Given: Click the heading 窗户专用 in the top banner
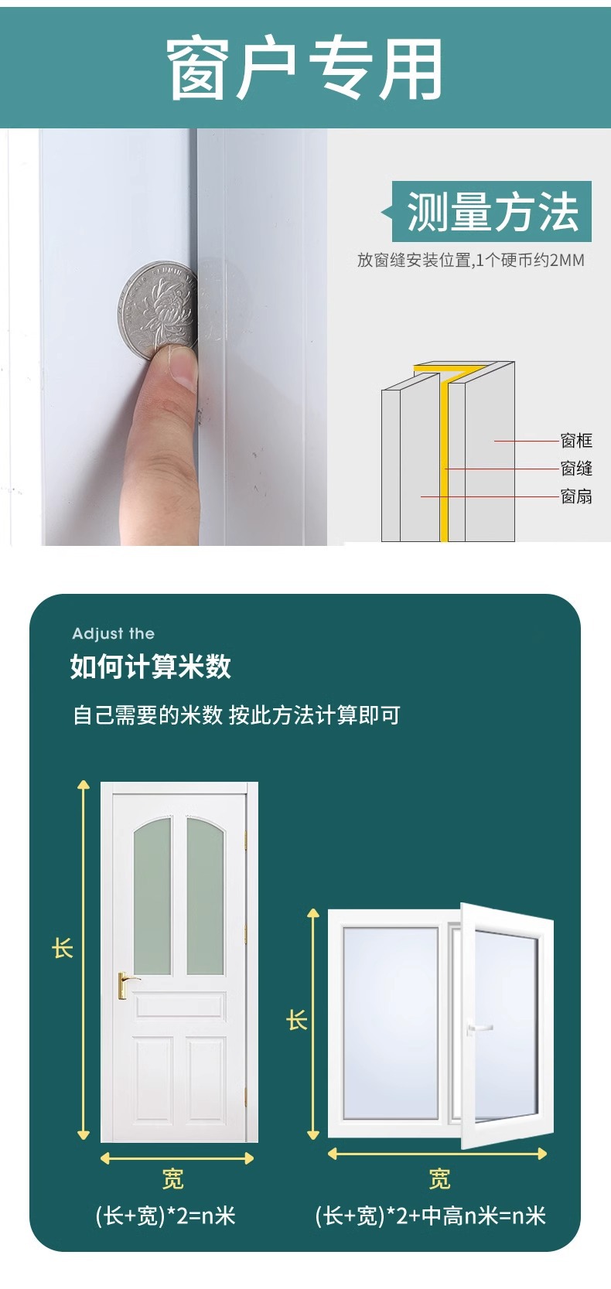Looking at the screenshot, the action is coord(305,69).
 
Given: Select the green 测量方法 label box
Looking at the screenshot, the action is coord(491,211).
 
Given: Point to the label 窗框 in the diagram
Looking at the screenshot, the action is coord(576,441).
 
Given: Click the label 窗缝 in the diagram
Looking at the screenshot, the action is coord(576,469).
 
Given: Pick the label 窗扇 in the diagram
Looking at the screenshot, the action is coord(576,496).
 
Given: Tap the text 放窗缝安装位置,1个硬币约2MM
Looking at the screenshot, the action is coord(470,261).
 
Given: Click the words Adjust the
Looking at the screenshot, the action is coord(114,633).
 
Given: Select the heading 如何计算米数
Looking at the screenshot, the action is coord(151,667).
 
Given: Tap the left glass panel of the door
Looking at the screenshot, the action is coord(152,895).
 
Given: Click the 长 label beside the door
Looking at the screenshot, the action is coord(63,947).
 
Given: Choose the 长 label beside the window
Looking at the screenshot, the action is coord(297,1020).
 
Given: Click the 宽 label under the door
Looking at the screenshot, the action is coord(172,1179).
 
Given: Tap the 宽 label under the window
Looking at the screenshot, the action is coord(439,1179).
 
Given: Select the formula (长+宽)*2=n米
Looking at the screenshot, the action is coord(165,1216).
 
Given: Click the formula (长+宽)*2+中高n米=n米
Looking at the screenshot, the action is coord(430,1216).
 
